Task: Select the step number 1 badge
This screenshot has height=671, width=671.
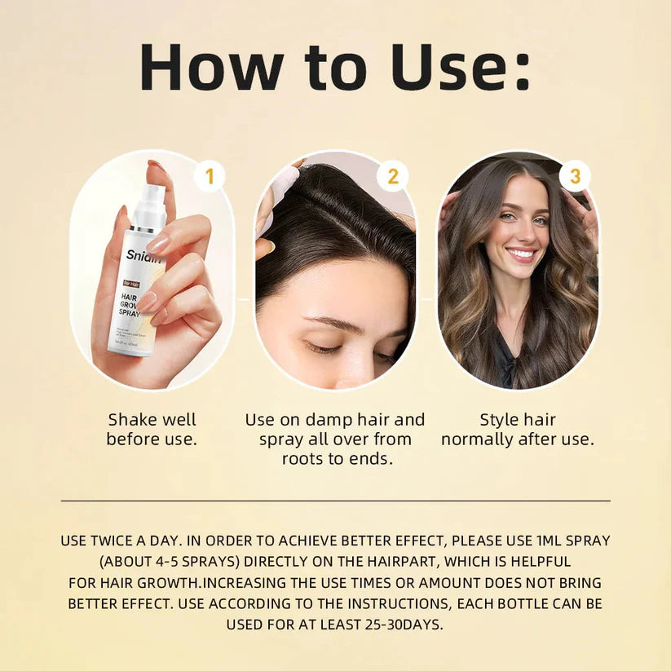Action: tap(210, 176)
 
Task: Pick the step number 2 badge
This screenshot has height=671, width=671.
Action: tap(392, 176)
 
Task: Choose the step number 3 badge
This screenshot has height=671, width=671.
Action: tap(575, 176)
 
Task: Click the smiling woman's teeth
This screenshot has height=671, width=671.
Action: tap(522, 254)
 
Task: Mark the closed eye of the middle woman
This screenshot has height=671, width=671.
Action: tap(324, 347)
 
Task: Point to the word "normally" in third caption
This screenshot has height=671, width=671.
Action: tap(478, 439)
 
